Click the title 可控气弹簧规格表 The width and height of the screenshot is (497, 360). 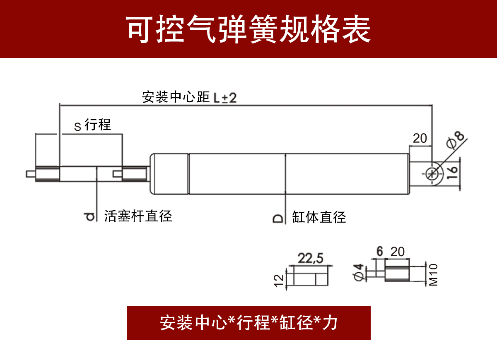point(248,30)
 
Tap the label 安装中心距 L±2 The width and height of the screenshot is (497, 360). point(189,97)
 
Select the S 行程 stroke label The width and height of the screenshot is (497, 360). point(93,125)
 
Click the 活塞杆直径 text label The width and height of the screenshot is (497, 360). point(138,216)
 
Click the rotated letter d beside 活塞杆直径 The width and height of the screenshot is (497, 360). point(88,216)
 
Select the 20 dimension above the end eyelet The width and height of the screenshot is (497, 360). point(420,139)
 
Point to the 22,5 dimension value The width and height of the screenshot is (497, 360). point(311,259)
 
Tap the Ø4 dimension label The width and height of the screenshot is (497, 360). point(359,272)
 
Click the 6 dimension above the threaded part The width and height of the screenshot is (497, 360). point(379,251)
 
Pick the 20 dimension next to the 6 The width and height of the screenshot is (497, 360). point(397,251)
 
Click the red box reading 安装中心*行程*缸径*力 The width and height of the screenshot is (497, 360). point(248,323)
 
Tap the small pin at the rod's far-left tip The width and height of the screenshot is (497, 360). point(30,173)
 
